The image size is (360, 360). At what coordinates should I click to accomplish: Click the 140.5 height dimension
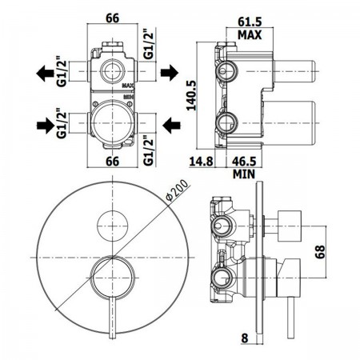pos(191,95)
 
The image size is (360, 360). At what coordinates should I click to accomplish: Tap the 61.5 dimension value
pos(250,22)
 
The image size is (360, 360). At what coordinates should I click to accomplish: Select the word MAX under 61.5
pos(250,35)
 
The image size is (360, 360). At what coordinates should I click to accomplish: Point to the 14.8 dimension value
pos(202,161)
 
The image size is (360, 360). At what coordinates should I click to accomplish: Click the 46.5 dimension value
pos(244,161)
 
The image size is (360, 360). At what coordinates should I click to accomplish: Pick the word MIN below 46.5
pos(244,174)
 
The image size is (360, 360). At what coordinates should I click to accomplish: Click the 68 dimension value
pos(320,252)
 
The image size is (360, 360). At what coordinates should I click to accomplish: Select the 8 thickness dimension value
pos(245,338)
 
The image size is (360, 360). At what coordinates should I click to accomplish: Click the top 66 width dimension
pos(113,18)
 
